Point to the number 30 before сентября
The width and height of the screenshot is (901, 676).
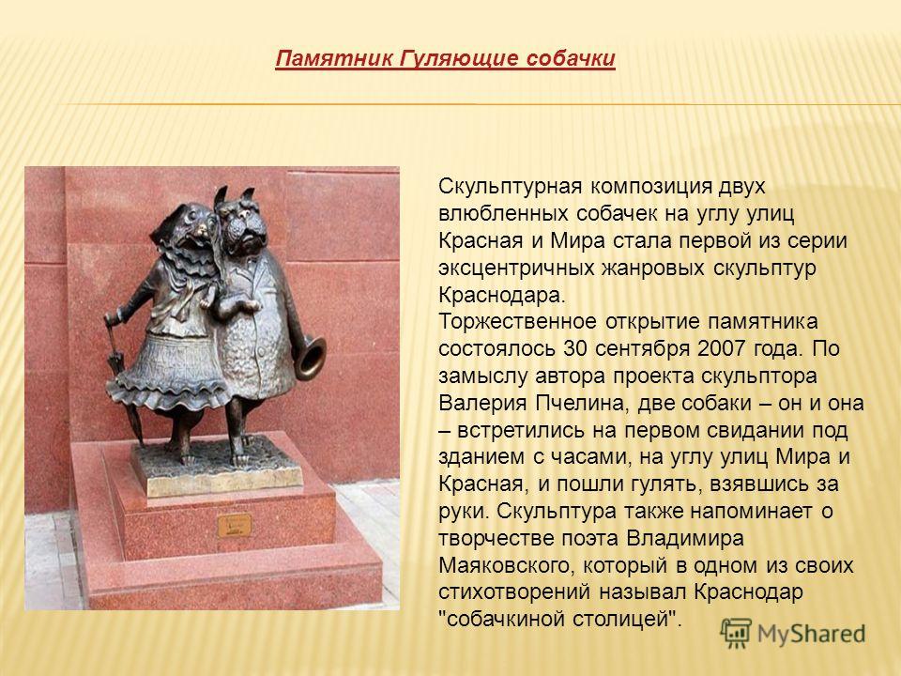pyautogui.click(x=575, y=348)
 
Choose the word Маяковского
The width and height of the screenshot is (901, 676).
pyautogui.click(x=506, y=565)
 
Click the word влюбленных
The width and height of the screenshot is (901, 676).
pyautogui.click(x=503, y=214)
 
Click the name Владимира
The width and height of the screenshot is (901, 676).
pyautogui.click(x=685, y=539)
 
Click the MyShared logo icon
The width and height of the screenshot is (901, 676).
pyautogui.click(x=736, y=634)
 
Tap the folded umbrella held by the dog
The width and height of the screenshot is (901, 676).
pyautogui.click(x=122, y=379)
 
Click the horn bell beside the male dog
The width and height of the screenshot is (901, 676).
pyautogui.click(x=311, y=358)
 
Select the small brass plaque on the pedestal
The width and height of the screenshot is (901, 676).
pyautogui.click(x=235, y=525)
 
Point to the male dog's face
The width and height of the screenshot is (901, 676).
pyautogui.click(x=245, y=225)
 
